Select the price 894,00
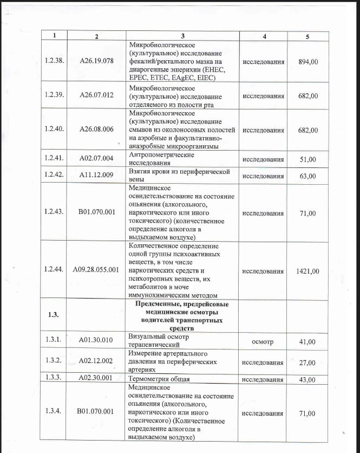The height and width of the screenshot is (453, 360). pyautogui.click(x=308, y=61)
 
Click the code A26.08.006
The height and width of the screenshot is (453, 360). pyautogui.click(x=96, y=130)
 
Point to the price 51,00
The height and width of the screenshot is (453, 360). pyautogui.click(x=307, y=159)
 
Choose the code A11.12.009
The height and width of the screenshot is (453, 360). pyautogui.click(x=96, y=176)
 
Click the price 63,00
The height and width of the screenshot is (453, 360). pyautogui.click(x=307, y=176)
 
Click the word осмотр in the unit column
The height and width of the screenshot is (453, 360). pyautogui.click(x=263, y=341)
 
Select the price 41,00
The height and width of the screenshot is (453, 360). pyautogui.click(x=307, y=341)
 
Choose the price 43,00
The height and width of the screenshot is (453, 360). pyautogui.click(x=307, y=379)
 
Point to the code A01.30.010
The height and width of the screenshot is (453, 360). pyautogui.click(x=96, y=340)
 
